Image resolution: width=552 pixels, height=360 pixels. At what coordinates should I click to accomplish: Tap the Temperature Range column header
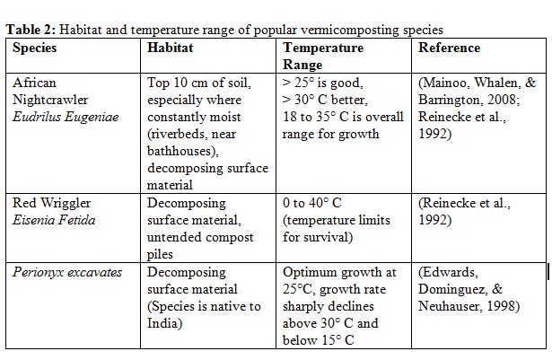click(323, 56)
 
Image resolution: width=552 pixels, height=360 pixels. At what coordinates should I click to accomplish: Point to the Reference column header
click(449, 48)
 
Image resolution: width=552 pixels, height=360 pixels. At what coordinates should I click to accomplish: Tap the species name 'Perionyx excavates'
click(67, 272)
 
